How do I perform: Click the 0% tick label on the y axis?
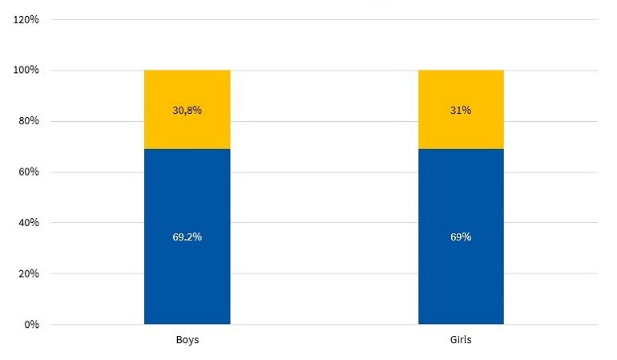pyautogui.click(x=30, y=325)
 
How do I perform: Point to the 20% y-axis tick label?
pyautogui.click(x=28, y=273)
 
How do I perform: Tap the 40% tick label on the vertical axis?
pyautogui.click(x=28, y=223)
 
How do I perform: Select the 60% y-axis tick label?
pyautogui.click(x=28, y=172)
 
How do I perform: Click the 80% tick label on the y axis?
pyautogui.click(x=28, y=122)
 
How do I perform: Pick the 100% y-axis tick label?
pyautogui.click(x=26, y=71)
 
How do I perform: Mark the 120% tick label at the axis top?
pyautogui.click(x=26, y=20)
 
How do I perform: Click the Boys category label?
pyautogui.click(x=187, y=340)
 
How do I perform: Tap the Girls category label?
pyautogui.click(x=461, y=340)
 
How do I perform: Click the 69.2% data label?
pyautogui.click(x=187, y=237)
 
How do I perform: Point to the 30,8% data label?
pyautogui.click(x=187, y=111)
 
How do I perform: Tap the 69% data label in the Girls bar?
pyautogui.click(x=461, y=237)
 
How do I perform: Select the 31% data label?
pyautogui.click(x=461, y=111)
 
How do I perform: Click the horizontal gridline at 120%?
pyautogui.click(x=321, y=20)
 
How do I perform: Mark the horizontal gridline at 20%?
pyautogui.click(x=321, y=273)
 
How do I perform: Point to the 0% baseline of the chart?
pyautogui.click(x=321, y=325)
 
